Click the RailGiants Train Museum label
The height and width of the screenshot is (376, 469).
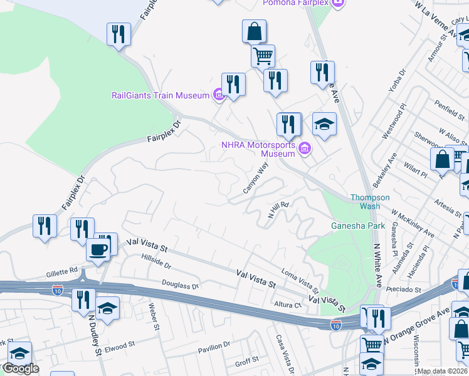point(160,95)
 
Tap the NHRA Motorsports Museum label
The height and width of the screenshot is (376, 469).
point(258,149)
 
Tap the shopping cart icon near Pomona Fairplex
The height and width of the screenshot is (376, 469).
point(263,56)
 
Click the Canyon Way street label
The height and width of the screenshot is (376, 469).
point(256,177)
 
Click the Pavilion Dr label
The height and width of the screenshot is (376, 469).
point(214,347)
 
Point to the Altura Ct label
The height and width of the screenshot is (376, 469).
point(288,305)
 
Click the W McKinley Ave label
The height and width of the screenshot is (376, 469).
point(414,225)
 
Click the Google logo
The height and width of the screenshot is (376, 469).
point(20,368)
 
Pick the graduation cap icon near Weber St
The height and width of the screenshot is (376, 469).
point(108,309)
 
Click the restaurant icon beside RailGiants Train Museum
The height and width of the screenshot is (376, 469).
point(233,85)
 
